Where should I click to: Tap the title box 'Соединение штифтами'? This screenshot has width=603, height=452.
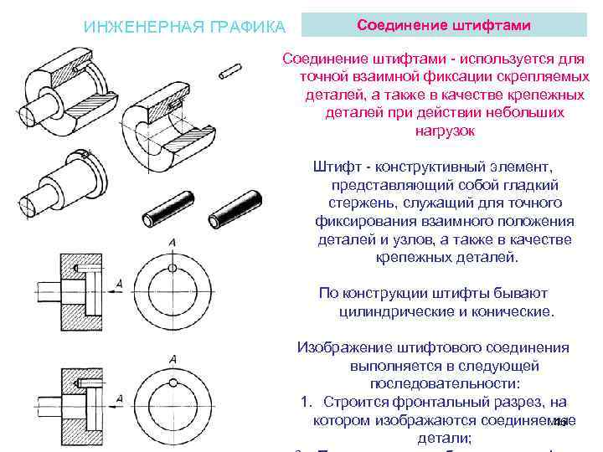444,24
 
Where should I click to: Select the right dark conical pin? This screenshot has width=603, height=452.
238,209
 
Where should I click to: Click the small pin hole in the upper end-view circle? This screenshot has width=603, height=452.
173,267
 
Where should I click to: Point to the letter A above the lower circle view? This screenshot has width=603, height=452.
173,360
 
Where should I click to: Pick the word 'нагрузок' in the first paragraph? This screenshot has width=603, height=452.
444,131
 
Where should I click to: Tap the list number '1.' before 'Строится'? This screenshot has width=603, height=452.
306,403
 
